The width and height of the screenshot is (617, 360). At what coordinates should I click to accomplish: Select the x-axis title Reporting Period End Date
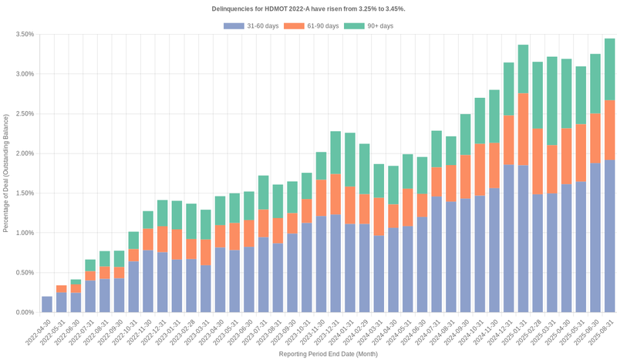click(328, 354)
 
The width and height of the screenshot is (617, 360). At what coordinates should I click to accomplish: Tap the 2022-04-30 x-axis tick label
click(39, 331)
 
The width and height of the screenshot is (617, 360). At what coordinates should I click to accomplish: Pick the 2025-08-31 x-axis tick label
click(601, 331)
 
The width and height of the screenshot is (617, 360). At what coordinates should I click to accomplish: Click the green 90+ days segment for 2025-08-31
click(609, 69)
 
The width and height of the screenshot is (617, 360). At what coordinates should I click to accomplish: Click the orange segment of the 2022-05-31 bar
click(62, 289)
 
